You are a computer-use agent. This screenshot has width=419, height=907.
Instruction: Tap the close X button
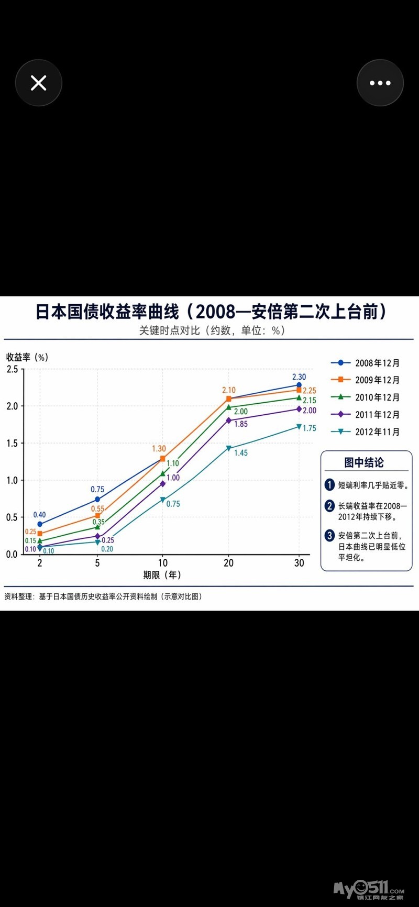[x=38, y=83]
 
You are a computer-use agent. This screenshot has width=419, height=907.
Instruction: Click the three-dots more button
[x=380, y=83]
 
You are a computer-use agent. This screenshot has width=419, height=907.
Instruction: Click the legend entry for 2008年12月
[x=366, y=363]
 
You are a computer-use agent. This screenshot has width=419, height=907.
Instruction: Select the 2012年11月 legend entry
[x=366, y=432]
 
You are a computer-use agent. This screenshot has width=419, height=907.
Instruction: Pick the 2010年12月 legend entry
[x=366, y=397]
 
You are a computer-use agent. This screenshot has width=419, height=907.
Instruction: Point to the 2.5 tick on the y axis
[x=12, y=369]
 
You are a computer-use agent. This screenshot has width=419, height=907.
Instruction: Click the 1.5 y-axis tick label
[x=12, y=443]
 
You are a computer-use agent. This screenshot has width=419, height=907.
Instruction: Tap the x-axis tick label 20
[x=228, y=563]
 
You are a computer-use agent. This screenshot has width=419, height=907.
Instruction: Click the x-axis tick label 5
[x=97, y=563]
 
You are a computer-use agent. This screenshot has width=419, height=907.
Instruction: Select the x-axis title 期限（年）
[x=162, y=575]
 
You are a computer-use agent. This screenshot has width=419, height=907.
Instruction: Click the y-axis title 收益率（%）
[x=27, y=357]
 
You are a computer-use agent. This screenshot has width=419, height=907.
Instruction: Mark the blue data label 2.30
[x=299, y=377]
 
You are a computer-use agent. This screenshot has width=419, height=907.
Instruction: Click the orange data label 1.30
[x=159, y=449]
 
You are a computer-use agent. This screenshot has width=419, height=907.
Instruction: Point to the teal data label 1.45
[x=241, y=453]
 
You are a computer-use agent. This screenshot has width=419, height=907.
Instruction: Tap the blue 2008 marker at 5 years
[x=97, y=500]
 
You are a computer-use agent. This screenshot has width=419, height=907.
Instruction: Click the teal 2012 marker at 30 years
[x=299, y=427]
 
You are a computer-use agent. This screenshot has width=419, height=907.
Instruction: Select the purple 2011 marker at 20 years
[x=228, y=421]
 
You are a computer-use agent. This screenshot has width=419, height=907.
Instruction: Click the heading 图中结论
[x=364, y=462]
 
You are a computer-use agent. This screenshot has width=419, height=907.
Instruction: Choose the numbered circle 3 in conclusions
[x=329, y=535]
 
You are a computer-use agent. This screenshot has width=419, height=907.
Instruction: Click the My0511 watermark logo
[x=369, y=889]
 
